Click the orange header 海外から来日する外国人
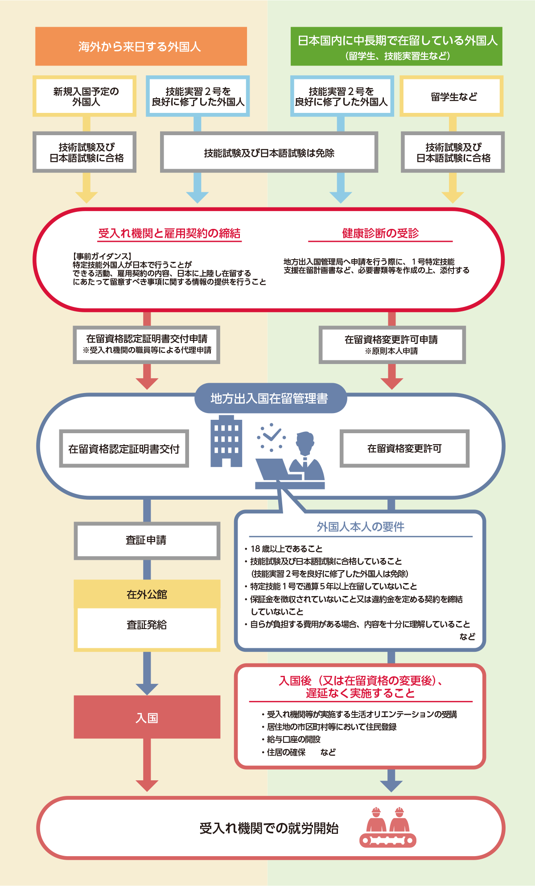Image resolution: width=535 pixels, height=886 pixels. (141, 46)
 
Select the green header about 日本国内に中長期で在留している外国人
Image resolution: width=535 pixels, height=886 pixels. (396, 46)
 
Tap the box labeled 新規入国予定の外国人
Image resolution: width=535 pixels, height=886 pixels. (85, 96)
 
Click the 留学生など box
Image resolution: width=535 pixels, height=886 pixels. (452, 96)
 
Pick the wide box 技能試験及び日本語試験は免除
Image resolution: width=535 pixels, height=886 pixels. (269, 152)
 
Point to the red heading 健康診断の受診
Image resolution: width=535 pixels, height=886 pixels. (380, 233)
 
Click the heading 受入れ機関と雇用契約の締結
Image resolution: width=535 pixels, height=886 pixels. (169, 233)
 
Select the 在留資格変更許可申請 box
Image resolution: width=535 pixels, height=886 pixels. (392, 345)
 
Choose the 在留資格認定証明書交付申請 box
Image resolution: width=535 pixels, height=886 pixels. (147, 345)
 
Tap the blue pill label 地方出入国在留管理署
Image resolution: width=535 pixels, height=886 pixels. (270, 398)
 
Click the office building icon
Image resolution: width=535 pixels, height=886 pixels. (226, 441)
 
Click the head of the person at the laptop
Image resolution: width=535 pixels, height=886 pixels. (305, 442)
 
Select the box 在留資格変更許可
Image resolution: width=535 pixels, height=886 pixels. (404, 448)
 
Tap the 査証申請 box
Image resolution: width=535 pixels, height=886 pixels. (147, 540)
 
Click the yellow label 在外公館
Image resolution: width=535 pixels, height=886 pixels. (147, 594)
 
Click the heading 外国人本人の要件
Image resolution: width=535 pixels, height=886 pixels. (360, 527)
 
